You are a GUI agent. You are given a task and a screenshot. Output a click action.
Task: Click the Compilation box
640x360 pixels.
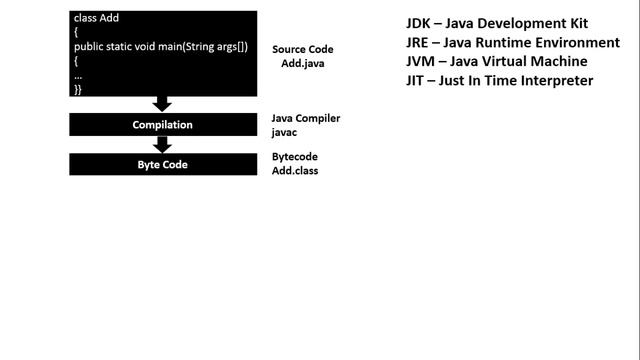[162, 125]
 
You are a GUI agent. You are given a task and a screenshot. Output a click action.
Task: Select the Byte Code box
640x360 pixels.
[162, 164]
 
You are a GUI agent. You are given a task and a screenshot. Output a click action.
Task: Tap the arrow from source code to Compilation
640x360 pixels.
[162, 103]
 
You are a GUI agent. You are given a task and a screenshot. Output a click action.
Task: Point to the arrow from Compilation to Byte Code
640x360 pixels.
[162, 144]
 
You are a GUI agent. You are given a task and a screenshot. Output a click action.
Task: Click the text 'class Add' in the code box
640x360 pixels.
[97, 19]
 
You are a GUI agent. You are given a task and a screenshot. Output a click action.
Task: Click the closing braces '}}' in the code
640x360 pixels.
[78, 89]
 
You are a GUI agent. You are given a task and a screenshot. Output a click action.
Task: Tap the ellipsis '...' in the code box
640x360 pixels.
[78, 75]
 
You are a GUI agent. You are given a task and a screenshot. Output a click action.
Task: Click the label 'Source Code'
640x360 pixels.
[303, 49]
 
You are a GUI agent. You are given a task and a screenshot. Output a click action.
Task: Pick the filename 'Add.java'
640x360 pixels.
[302, 63]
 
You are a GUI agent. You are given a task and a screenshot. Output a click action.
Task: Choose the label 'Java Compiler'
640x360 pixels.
[306, 118]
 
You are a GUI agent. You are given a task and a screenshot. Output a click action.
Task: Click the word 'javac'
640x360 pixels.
[286, 131]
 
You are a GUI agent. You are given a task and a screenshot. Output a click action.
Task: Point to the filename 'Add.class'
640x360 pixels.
[295, 171]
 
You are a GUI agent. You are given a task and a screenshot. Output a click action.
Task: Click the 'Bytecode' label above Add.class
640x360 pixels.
[296, 157]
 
